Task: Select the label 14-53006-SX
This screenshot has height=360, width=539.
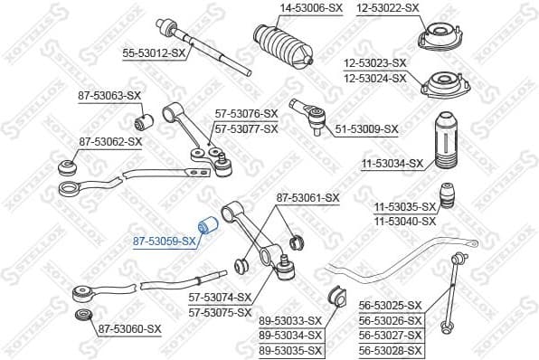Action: tap(286, 8)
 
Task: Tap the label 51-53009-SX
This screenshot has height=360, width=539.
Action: tap(366, 129)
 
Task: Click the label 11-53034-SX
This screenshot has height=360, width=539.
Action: tap(392, 164)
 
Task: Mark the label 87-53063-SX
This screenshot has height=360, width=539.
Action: tap(110, 95)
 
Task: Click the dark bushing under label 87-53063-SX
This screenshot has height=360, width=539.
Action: tap(143, 118)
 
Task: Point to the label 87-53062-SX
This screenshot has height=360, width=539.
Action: tap(110, 142)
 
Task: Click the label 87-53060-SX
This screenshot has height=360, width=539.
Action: tap(129, 329)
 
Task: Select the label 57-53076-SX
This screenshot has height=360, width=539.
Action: tap(245, 114)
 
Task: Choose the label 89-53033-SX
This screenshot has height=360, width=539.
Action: tap(291, 320)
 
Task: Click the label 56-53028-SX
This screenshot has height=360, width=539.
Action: tap(391, 350)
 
